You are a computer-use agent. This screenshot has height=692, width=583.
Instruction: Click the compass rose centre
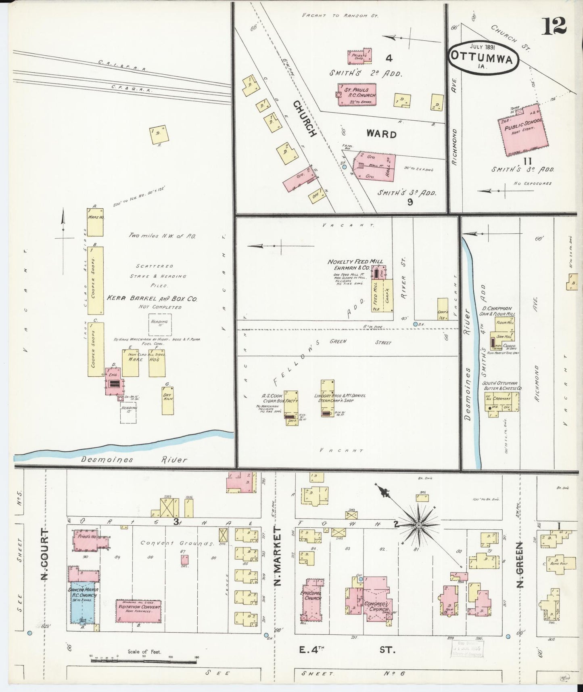[419, 525]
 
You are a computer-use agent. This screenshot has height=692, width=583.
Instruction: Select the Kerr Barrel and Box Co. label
[151, 299]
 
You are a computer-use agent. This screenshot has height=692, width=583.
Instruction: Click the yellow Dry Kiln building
[167, 397]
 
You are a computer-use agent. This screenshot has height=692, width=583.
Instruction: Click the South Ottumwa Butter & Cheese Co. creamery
[502, 402]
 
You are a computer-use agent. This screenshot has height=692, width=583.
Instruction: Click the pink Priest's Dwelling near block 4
[359, 57]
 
